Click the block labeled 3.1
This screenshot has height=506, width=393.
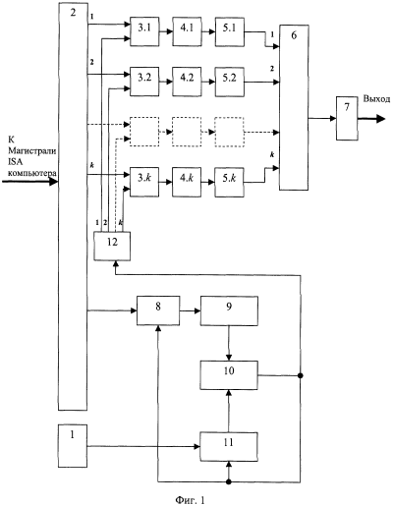tap(144, 31)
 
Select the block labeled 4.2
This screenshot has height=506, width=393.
tap(187, 82)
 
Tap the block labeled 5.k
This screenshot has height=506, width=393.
tap(229, 182)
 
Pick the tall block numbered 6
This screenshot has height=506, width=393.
tap(294, 107)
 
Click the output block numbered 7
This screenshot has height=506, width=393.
tap(347, 118)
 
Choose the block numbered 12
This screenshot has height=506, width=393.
tap(112, 246)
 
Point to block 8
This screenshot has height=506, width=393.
tap(158, 310)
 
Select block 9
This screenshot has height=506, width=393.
tap(229, 310)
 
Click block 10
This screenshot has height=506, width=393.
tap(229, 375)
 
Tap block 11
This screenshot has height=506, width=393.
tap(229, 446)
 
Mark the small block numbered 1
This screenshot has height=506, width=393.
tap(73, 446)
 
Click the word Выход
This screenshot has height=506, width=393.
tap(376, 99)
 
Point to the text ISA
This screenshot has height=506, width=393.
tap(16, 161)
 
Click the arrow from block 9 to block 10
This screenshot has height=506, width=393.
tap(229, 343)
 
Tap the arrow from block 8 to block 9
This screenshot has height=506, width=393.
tap(190, 310)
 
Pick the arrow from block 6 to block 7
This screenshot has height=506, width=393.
tap(322, 118)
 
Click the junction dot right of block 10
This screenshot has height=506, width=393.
tap(300, 375)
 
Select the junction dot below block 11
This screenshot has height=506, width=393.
tap(229, 481)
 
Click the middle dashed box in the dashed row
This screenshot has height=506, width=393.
tap(187, 132)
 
